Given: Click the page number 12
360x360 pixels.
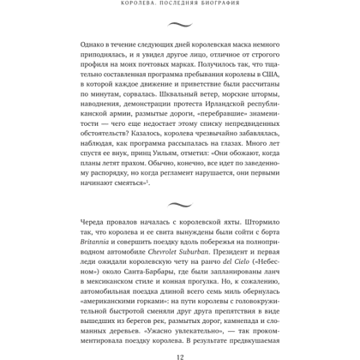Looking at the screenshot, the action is (180, 353).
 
